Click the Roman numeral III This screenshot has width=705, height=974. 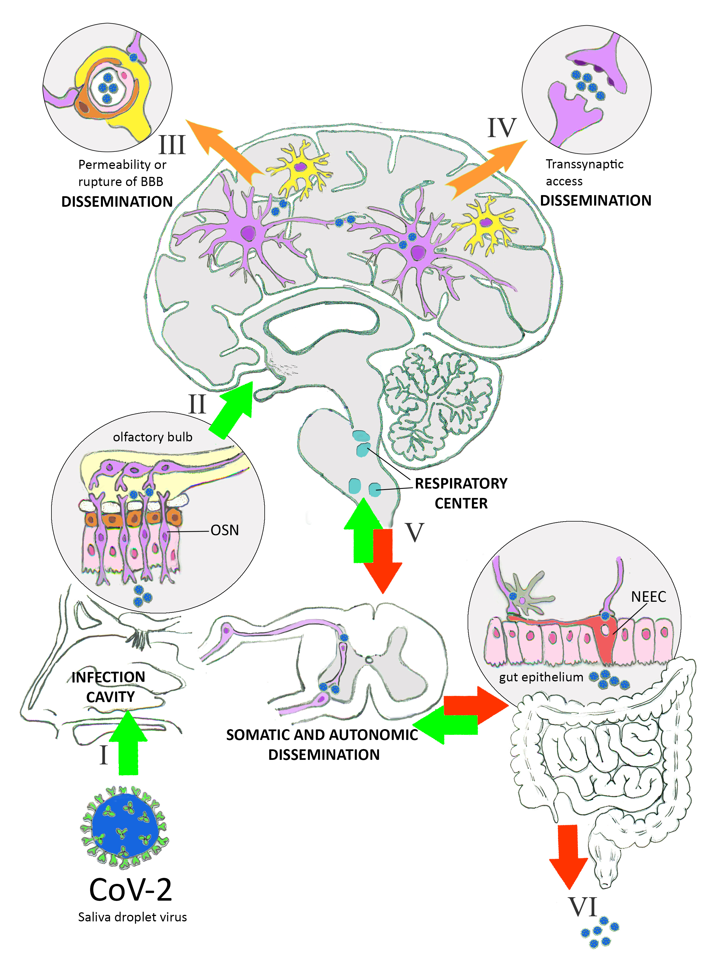coord(172,145)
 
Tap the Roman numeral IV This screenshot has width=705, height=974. coord(501,128)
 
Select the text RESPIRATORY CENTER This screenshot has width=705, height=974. coord(461,493)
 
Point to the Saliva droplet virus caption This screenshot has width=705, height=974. coord(132,917)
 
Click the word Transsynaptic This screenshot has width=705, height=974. coord(584,164)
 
